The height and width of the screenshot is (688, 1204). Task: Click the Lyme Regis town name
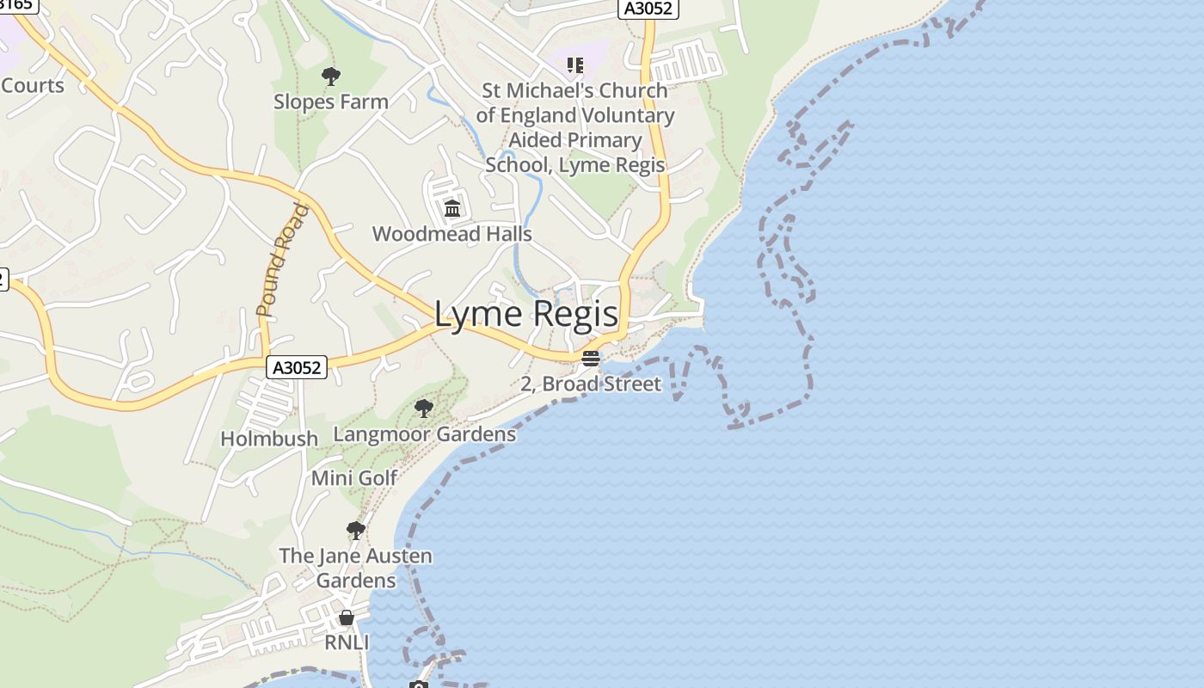click(526, 314)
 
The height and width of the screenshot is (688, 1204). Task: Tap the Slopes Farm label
click(331, 101)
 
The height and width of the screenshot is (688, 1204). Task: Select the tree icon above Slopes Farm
click(330, 77)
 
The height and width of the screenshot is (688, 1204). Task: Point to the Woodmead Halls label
click(451, 234)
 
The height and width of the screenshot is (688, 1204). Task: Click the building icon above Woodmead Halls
click(451, 208)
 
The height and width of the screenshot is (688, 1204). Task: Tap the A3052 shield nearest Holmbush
click(297, 367)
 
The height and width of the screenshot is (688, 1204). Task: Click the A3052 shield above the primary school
click(648, 9)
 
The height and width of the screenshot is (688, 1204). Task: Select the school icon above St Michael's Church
click(574, 65)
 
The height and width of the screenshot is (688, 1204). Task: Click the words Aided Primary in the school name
click(574, 140)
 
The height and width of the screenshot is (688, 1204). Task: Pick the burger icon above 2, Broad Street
click(590, 359)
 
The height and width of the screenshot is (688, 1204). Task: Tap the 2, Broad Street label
click(591, 384)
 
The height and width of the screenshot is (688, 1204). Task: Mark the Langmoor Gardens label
click(424, 434)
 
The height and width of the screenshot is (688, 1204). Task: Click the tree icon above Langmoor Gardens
click(423, 408)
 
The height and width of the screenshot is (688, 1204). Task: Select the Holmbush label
click(269, 439)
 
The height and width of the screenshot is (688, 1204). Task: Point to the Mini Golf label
click(354, 478)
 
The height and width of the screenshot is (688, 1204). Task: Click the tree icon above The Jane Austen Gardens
click(355, 530)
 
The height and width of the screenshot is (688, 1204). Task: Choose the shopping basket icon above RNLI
click(347, 617)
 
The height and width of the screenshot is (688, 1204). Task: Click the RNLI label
click(347, 642)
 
